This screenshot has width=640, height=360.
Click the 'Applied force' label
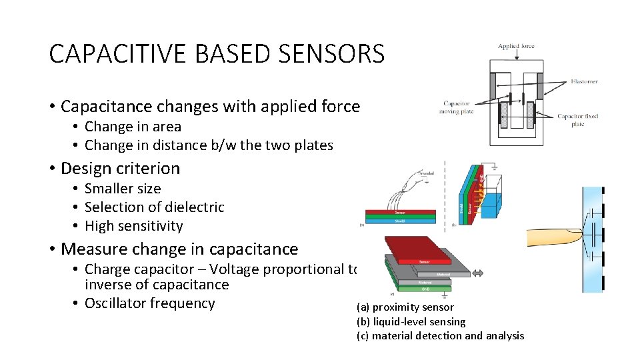coord(516,47)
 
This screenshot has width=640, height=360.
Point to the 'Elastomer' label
coord(585,81)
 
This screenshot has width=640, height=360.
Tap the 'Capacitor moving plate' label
coord(457,107)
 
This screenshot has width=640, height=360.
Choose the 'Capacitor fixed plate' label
coord(578,119)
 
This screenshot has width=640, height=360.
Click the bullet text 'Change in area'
coord(133,127)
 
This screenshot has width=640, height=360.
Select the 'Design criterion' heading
coord(120,169)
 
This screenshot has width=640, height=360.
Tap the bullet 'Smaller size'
coord(123,189)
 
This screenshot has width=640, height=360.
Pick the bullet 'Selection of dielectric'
coord(154,207)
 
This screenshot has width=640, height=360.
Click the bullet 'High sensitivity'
coord(133,226)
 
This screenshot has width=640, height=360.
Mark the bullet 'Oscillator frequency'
coord(149,303)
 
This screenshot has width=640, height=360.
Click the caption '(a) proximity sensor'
coord(405,307)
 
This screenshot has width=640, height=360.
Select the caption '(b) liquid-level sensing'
coord(411,321)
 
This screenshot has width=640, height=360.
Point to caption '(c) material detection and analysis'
coord(440,336)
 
